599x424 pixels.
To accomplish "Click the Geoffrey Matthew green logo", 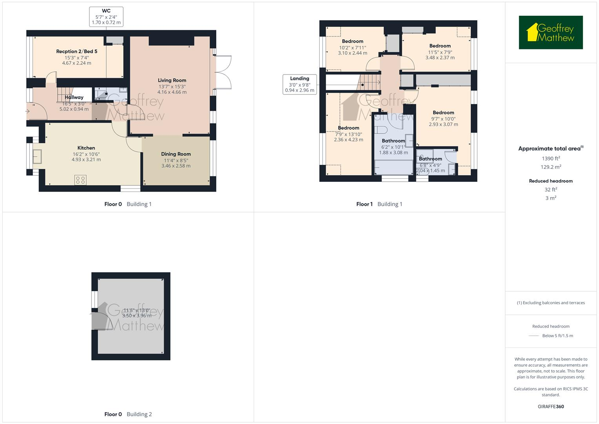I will click(550, 33).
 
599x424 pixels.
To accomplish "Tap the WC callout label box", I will click(106, 17).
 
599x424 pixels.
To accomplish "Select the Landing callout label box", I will click(299, 84).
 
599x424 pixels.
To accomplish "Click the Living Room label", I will click(172, 80).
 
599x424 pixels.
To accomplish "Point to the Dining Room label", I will click(176, 154).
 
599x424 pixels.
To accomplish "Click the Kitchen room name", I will click(86, 148).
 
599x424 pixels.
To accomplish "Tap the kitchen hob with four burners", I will click(80, 180).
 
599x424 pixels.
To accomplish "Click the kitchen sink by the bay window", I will click(37, 157).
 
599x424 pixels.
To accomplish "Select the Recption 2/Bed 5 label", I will click(76, 51).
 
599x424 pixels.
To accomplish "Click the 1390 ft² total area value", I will click(551, 159).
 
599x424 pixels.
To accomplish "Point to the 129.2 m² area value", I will click(551, 167).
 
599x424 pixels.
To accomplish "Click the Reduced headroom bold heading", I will click(551, 181).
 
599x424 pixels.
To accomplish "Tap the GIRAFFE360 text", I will click(551, 407).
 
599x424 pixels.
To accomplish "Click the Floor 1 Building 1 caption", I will click(379, 204).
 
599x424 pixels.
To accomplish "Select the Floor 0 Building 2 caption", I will click(128, 414).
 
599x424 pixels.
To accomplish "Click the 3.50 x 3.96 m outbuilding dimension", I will click(137, 316).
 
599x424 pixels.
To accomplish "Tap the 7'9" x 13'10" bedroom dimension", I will click(348, 134).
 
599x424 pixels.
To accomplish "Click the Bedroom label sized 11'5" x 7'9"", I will click(440, 46).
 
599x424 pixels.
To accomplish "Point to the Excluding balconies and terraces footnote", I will click(551, 303).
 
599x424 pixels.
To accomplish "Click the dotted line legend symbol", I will click(533, 336).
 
